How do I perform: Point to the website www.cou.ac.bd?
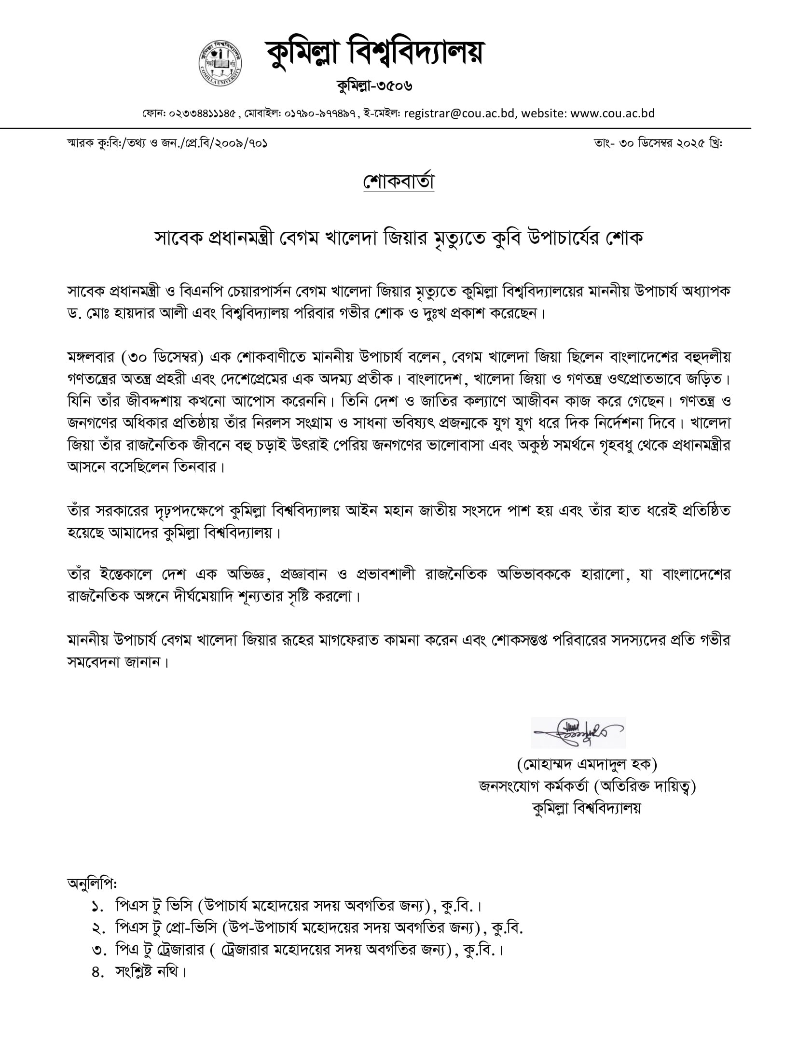(x=612, y=113)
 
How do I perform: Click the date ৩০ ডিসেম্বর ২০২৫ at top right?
(x=661, y=143)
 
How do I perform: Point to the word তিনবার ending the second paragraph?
(x=195, y=467)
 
